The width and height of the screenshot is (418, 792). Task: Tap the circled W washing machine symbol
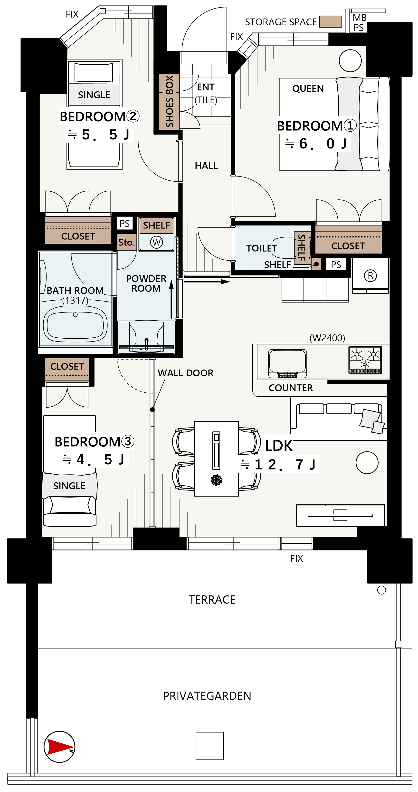point(156,242)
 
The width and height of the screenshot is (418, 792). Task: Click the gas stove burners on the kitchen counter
point(365,360)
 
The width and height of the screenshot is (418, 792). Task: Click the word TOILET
point(261,248)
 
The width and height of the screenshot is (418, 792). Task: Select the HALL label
point(206,166)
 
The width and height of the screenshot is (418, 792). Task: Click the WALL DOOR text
point(186,373)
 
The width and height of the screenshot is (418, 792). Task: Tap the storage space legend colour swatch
point(331,21)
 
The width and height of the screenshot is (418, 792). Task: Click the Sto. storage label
point(126,242)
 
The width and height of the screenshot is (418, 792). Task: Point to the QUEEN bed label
point(308,88)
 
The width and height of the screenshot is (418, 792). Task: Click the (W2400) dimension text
point(327,338)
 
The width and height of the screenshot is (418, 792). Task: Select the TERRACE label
point(212,599)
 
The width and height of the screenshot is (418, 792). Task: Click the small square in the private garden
point(210,746)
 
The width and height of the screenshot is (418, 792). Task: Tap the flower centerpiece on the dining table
point(217,480)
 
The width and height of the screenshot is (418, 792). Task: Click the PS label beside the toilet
point(336,265)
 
